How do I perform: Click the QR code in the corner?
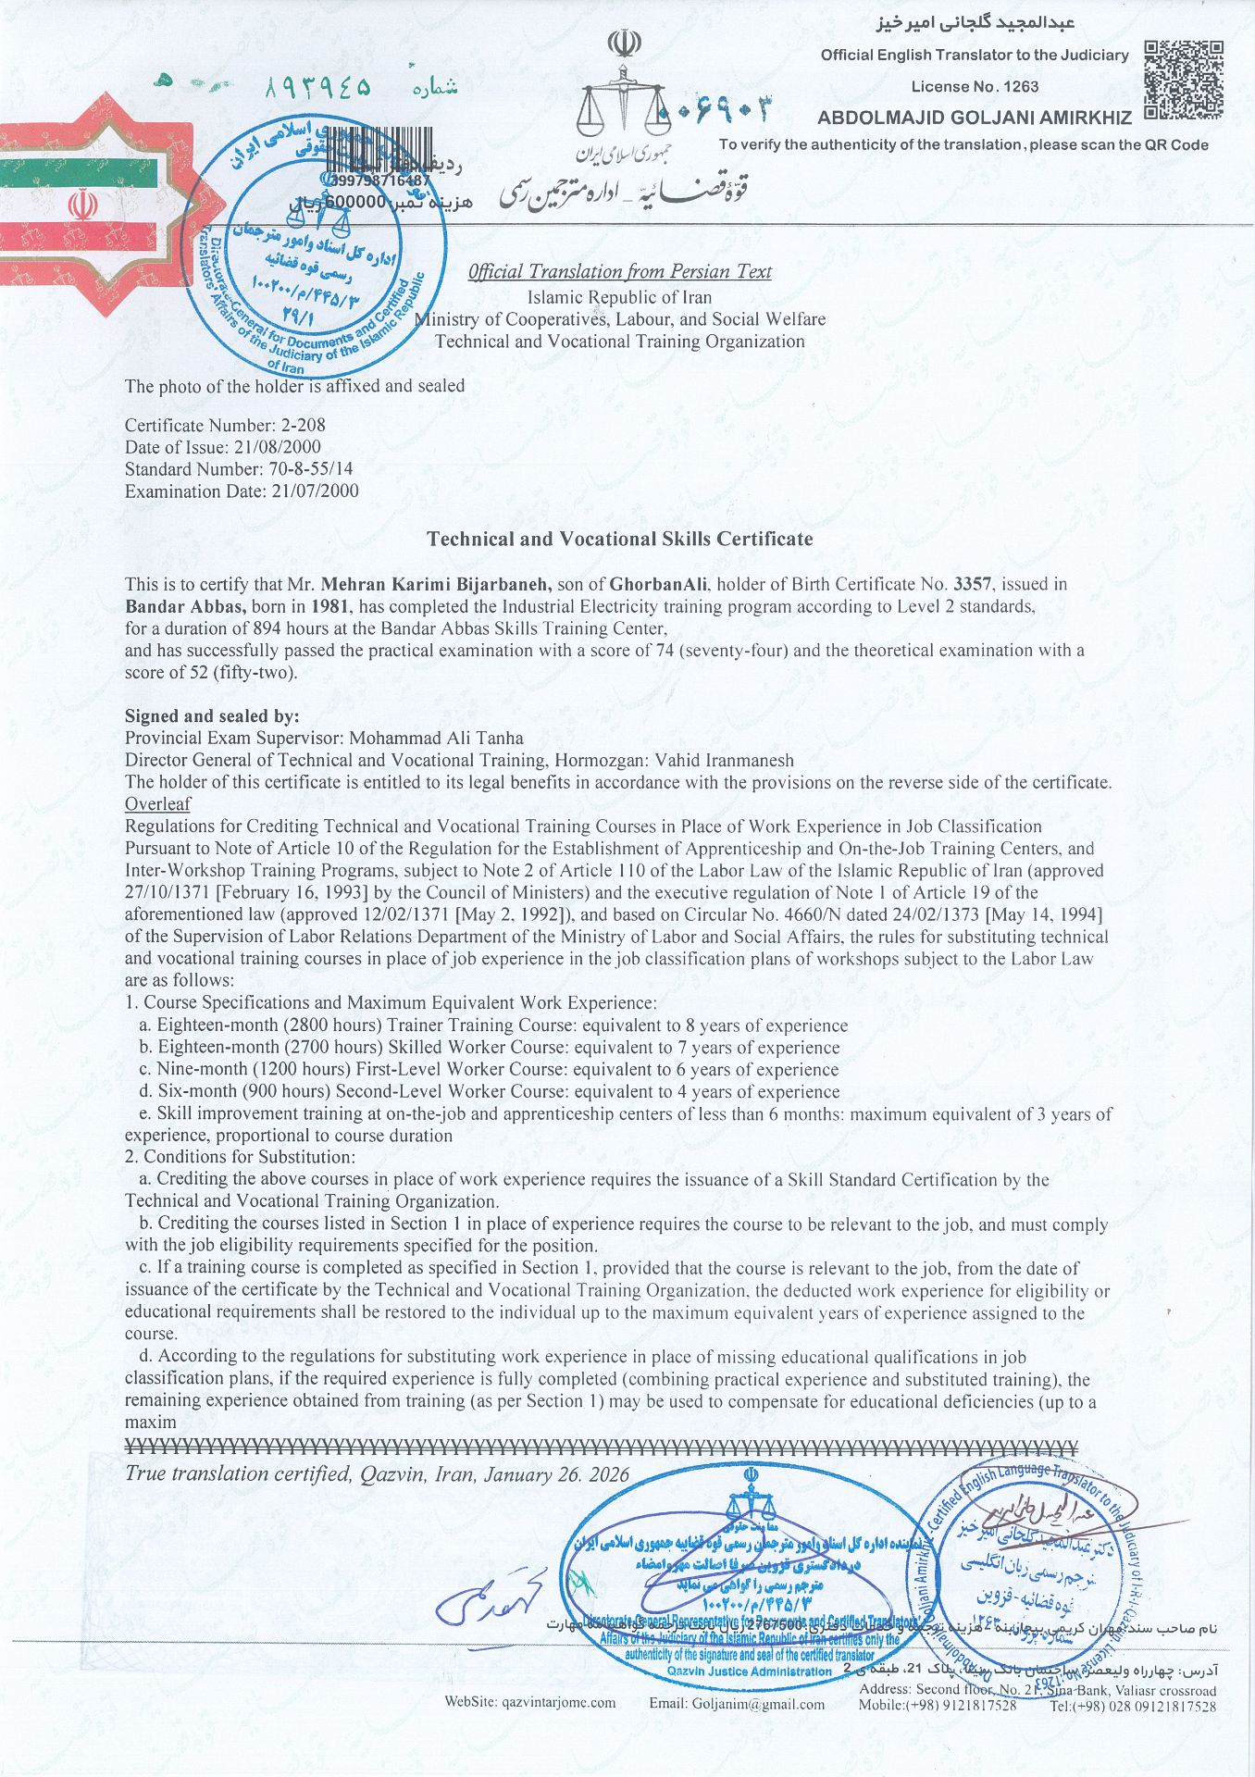click(1185, 80)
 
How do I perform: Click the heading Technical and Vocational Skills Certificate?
click(619, 540)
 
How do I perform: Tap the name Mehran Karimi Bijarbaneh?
click(436, 585)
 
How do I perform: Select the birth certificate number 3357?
click(971, 585)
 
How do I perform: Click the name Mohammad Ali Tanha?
click(435, 739)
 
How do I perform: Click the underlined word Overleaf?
click(157, 803)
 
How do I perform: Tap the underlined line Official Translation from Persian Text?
click(619, 272)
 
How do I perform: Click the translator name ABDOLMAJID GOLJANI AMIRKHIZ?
click(974, 118)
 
